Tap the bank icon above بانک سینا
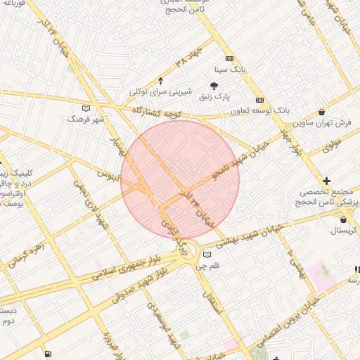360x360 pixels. (x=229, y=60)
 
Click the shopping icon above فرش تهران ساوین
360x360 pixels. (x=322, y=112)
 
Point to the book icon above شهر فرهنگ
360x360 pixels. (x=86, y=108)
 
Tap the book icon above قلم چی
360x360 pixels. (x=206, y=255)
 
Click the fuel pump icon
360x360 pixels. (x=47, y=354)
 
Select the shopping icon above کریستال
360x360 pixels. (x=342, y=219)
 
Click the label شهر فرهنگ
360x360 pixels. (x=86, y=120)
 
